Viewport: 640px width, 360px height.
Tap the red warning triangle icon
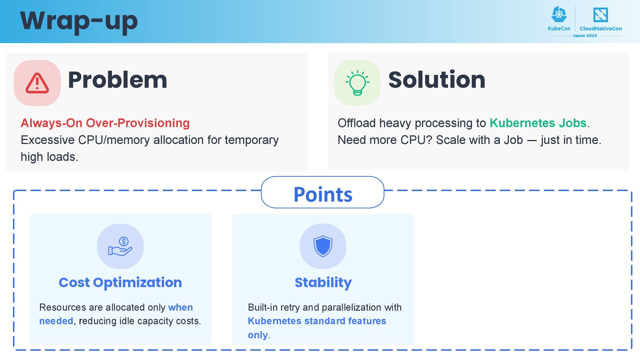(x=37, y=83)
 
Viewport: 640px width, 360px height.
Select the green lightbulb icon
(x=357, y=83)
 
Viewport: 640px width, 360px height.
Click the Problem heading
(x=117, y=80)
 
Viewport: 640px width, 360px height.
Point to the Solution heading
(x=437, y=80)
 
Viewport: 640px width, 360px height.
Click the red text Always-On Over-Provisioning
(x=105, y=123)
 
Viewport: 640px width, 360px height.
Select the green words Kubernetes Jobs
(x=538, y=123)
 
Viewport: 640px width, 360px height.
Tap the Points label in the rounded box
(x=323, y=194)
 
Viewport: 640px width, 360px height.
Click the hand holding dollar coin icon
(x=120, y=246)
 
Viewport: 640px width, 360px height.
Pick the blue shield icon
(x=323, y=246)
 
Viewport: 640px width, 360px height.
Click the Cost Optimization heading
(x=120, y=283)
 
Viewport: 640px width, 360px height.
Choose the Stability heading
(x=323, y=283)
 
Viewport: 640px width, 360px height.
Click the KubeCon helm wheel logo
(x=559, y=15)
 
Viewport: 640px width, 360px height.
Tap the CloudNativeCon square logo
(x=600, y=15)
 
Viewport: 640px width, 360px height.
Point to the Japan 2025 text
(x=585, y=36)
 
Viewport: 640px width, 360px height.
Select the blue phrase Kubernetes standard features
(x=317, y=321)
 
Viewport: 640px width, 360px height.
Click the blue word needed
(x=56, y=321)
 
